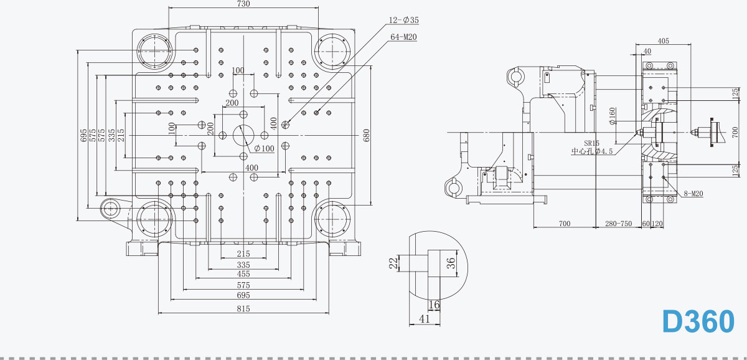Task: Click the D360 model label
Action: click(x=698, y=321)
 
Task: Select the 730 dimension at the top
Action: click(x=243, y=4)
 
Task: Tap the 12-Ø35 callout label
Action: click(x=403, y=20)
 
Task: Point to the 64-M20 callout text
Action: click(x=403, y=37)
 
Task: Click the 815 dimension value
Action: click(x=243, y=309)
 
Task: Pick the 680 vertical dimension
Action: click(x=366, y=135)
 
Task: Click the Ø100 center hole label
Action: click(x=264, y=148)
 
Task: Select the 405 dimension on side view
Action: click(x=663, y=40)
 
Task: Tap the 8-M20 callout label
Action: click(x=693, y=194)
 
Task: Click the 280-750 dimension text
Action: click(x=618, y=224)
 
